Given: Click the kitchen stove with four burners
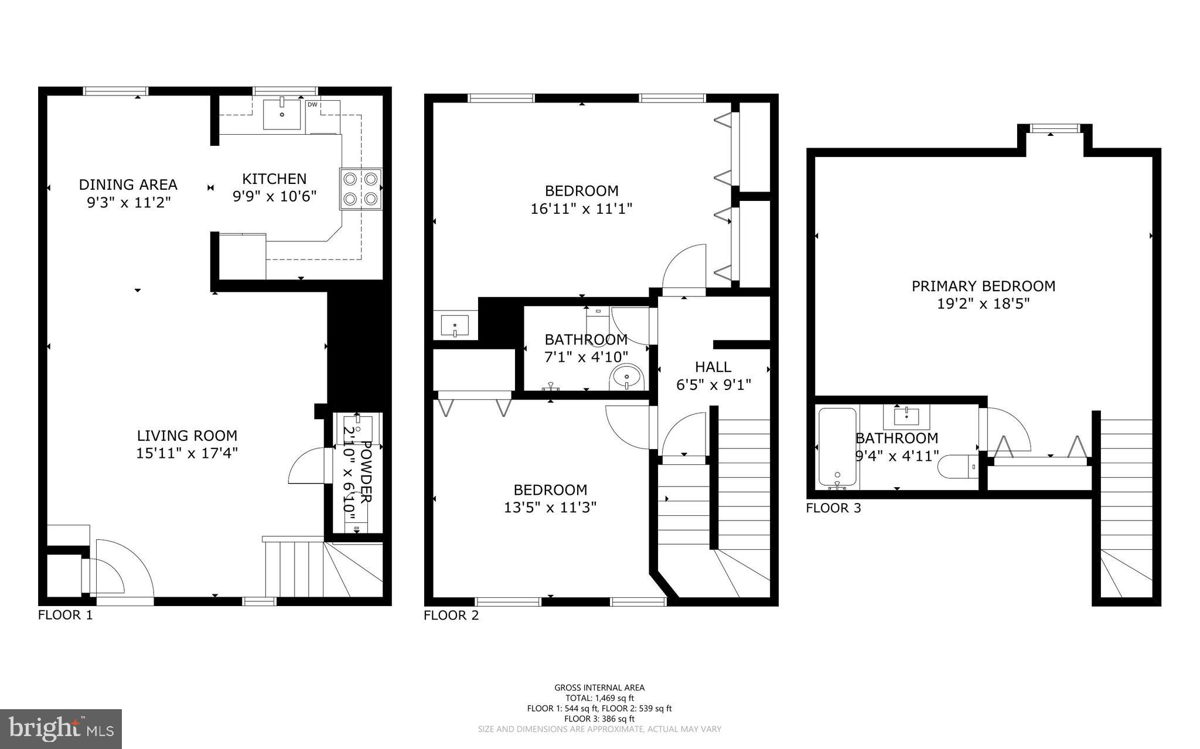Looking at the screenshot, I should pyautogui.click(x=360, y=189).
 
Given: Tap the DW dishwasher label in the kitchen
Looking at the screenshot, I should pyautogui.click(x=312, y=105).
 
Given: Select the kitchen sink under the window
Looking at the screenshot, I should pyautogui.click(x=282, y=114).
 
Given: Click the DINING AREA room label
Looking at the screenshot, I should pyautogui.click(x=128, y=184).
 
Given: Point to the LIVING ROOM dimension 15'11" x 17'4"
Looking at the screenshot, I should pyautogui.click(x=187, y=453).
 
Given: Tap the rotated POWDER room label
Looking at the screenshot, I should pyautogui.click(x=365, y=472).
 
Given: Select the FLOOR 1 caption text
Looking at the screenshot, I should pyautogui.click(x=65, y=615).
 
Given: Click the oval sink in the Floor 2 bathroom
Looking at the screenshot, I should pyautogui.click(x=627, y=377).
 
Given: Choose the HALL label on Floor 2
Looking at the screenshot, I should pyautogui.click(x=713, y=367).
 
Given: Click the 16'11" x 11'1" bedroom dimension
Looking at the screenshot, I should pyautogui.click(x=581, y=209).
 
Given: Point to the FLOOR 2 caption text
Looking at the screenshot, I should pyautogui.click(x=451, y=615).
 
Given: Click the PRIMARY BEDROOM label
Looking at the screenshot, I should pyautogui.click(x=983, y=286).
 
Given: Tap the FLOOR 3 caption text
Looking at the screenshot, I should pyautogui.click(x=833, y=508).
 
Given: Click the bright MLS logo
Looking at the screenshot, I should pyautogui.click(x=61, y=729).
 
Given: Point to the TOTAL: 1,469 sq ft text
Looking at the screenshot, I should pyautogui.click(x=599, y=698).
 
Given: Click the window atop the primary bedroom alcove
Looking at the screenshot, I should pyautogui.click(x=1055, y=128).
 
